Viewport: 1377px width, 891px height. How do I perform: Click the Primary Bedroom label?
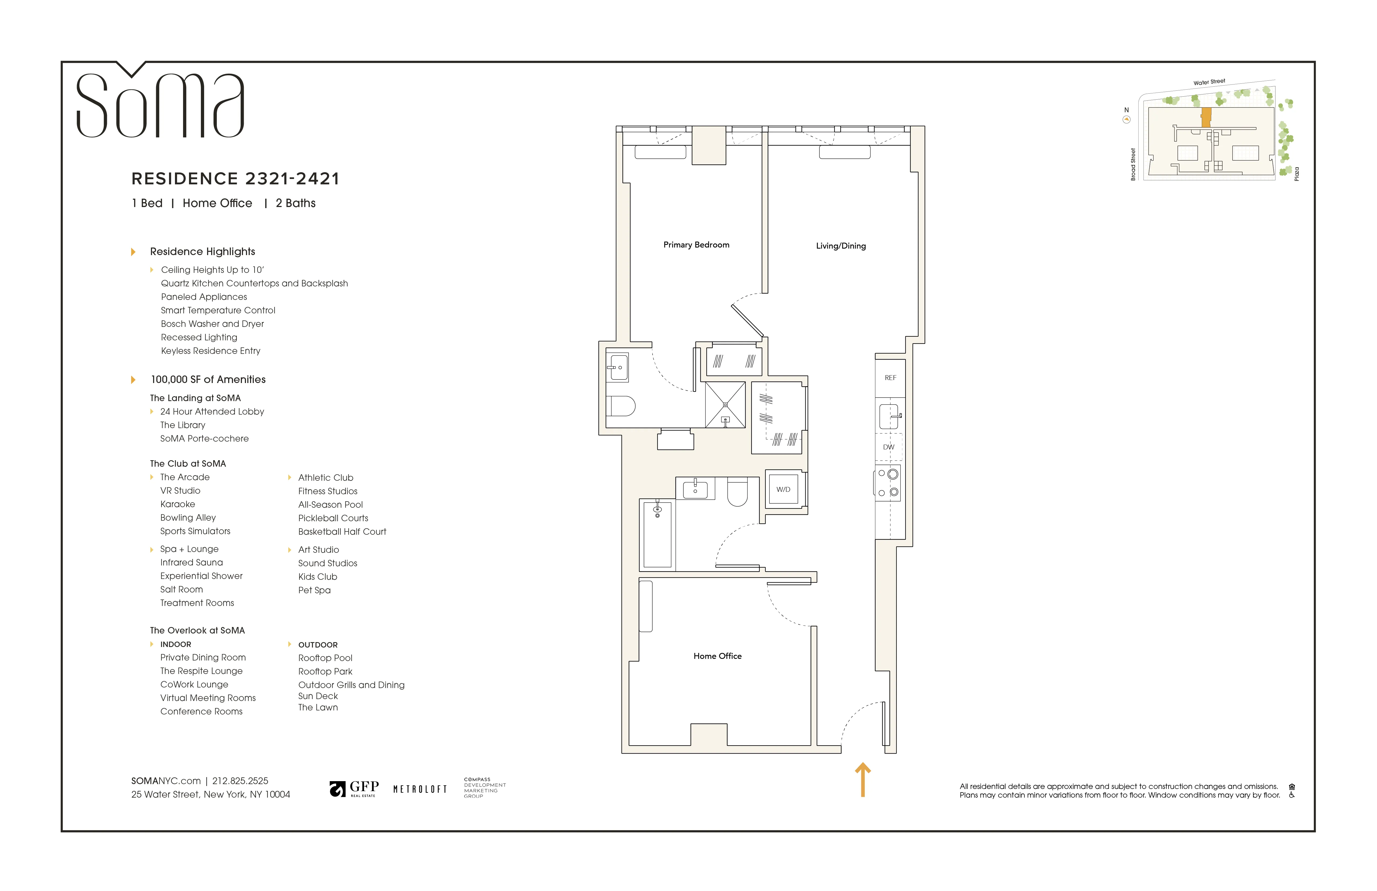(x=696, y=245)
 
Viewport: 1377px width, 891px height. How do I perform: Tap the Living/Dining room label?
(x=841, y=246)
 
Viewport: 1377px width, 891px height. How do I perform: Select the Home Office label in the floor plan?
(x=717, y=656)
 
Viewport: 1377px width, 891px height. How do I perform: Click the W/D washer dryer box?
(x=783, y=489)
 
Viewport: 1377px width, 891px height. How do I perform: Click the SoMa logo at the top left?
(x=160, y=104)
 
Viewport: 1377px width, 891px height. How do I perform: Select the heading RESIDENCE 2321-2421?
(x=235, y=179)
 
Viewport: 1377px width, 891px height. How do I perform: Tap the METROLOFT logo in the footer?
(x=420, y=789)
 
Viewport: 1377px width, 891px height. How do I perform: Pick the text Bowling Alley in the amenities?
(x=188, y=518)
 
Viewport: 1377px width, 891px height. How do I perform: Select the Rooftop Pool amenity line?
(x=325, y=658)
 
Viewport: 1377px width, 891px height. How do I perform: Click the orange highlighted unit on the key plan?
(x=1206, y=117)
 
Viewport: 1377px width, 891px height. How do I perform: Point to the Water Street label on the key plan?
(x=1209, y=82)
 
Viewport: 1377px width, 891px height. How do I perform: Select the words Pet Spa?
(x=314, y=590)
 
